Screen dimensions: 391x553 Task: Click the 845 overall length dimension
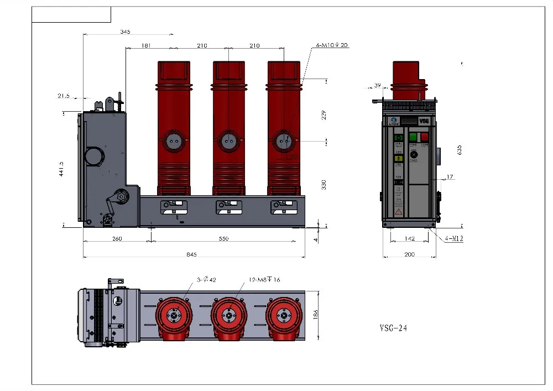[x=192, y=254]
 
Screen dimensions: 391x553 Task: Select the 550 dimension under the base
[x=223, y=239]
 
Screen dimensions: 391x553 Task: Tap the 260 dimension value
[x=117, y=239]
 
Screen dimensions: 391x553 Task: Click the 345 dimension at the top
[x=125, y=32]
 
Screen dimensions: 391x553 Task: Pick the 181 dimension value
[x=146, y=45]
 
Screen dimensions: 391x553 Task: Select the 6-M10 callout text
[x=332, y=45]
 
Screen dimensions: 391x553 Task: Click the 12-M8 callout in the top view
[x=266, y=279]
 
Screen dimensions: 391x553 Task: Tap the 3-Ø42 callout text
[x=206, y=279]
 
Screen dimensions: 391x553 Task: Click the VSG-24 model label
[x=393, y=328]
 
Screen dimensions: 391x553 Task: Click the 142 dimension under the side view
[x=410, y=239]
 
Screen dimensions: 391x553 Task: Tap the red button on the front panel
[x=424, y=137]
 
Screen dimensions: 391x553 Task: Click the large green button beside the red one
[x=413, y=137]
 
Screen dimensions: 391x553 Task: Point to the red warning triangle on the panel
[x=398, y=212]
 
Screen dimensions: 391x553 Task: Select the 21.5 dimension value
[x=64, y=96]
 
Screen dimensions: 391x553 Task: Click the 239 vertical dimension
[x=324, y=115]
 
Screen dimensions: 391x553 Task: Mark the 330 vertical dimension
[x=324, y=184]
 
